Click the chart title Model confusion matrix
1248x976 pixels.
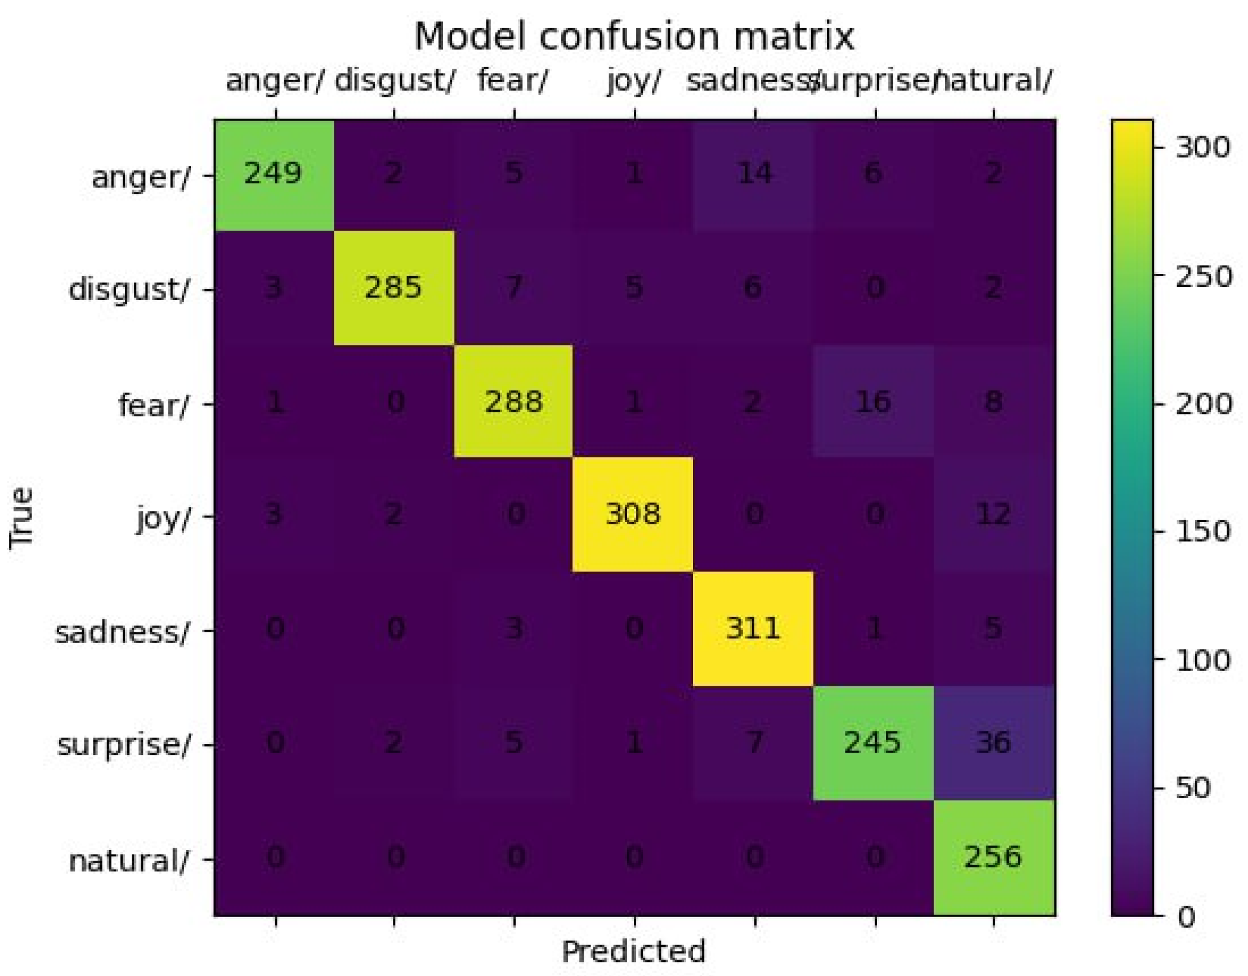[633, 37]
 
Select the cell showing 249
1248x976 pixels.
[273, 173]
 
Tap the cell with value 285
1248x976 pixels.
[393, 287]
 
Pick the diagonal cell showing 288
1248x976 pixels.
[513, 402]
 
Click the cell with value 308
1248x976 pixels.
[633, 514]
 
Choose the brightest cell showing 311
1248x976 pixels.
[753, 628]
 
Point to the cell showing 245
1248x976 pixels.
[873, 743]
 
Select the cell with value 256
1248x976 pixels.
[993, 857]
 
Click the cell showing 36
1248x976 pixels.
[994, 743]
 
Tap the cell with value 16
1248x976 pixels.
[873, 402]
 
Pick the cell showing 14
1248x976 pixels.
[754, 173]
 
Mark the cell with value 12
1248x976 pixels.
[994, 514]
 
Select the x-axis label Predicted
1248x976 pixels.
[633, 952]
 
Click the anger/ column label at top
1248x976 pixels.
[274, 80]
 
